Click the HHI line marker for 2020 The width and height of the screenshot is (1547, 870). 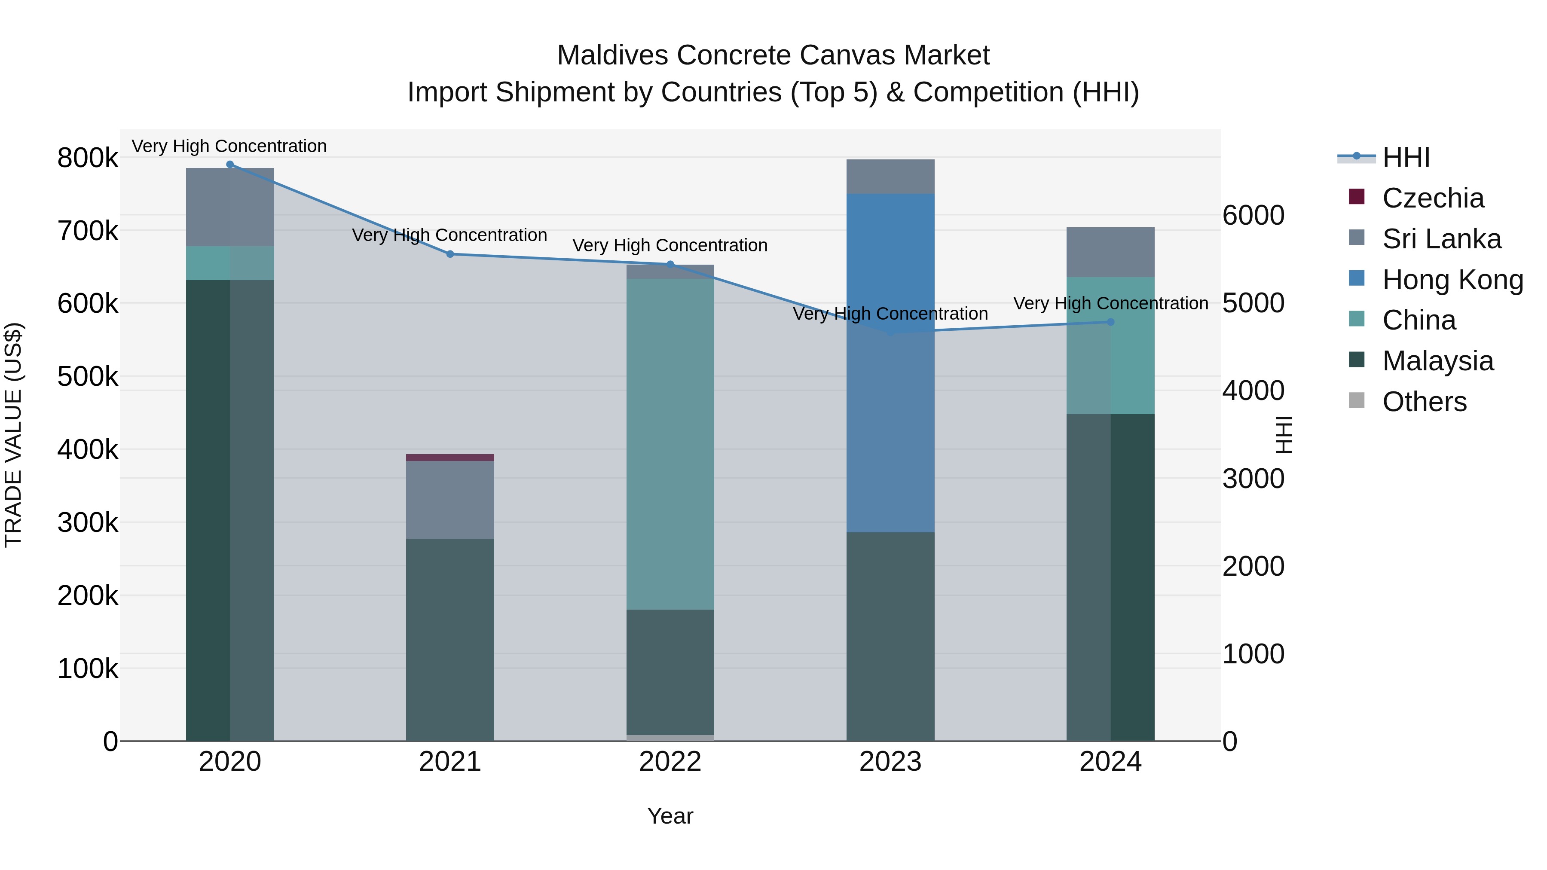[230, 165]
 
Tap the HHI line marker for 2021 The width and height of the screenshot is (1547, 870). [450, 254]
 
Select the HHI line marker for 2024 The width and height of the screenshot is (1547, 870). [1110, 322]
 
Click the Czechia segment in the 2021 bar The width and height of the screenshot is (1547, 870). [450, 458]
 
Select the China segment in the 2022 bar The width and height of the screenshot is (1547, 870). [670, 444]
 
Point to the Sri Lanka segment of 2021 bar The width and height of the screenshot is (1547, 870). [450, 500]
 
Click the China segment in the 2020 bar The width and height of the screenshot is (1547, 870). [230, 263]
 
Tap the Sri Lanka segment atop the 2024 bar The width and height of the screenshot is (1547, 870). [1110, 252]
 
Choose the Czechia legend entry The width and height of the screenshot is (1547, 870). [1433, 198]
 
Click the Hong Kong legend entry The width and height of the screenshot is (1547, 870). [1452, 280]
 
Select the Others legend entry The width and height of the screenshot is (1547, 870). [1424, 402]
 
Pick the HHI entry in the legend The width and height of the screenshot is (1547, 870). [1405, 157]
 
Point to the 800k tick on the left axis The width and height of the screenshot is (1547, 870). [88, 158]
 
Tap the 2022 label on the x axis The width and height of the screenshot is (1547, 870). [670, 762]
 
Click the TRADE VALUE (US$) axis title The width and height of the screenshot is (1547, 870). [13, 435]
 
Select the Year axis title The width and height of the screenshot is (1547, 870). [670, 816]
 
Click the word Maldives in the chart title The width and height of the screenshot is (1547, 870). [612, 55]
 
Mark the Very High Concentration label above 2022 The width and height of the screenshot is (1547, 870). [670, 246]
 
